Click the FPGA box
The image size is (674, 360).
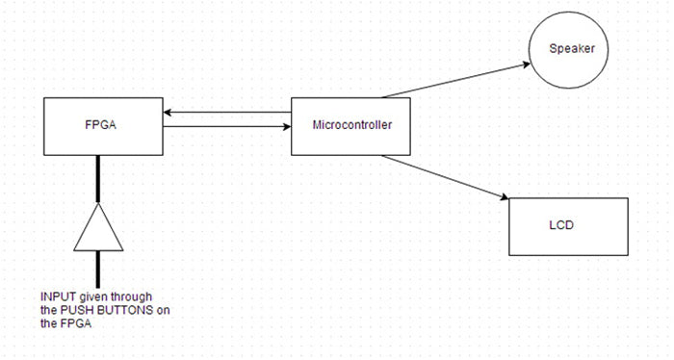pyautogui.click(x=102, y=125)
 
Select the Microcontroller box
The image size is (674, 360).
pyautogui.click(x=352, y=126)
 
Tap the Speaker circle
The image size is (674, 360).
pyautogui.click(x=572, y=49)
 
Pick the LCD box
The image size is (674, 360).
pyautogui.click(x=568, y=226)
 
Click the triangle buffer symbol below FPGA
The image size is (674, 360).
pyautogui.click(x=98, y=227)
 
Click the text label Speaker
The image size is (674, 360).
pyautogui.click(x=572, y=49)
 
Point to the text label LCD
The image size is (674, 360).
pyautogui.click(x=561, y=226)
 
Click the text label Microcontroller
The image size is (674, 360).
pyautogui.click(x=352, y=126)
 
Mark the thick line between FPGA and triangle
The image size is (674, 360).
pyautogui.click(x=98, y=179)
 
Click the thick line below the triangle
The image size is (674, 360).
pyautogui.click(x=98, y=269)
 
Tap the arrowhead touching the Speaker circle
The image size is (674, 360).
pyautogui.click(x=525, y=64)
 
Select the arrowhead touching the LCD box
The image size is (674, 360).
pyautogui.click(x=503, y=197)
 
